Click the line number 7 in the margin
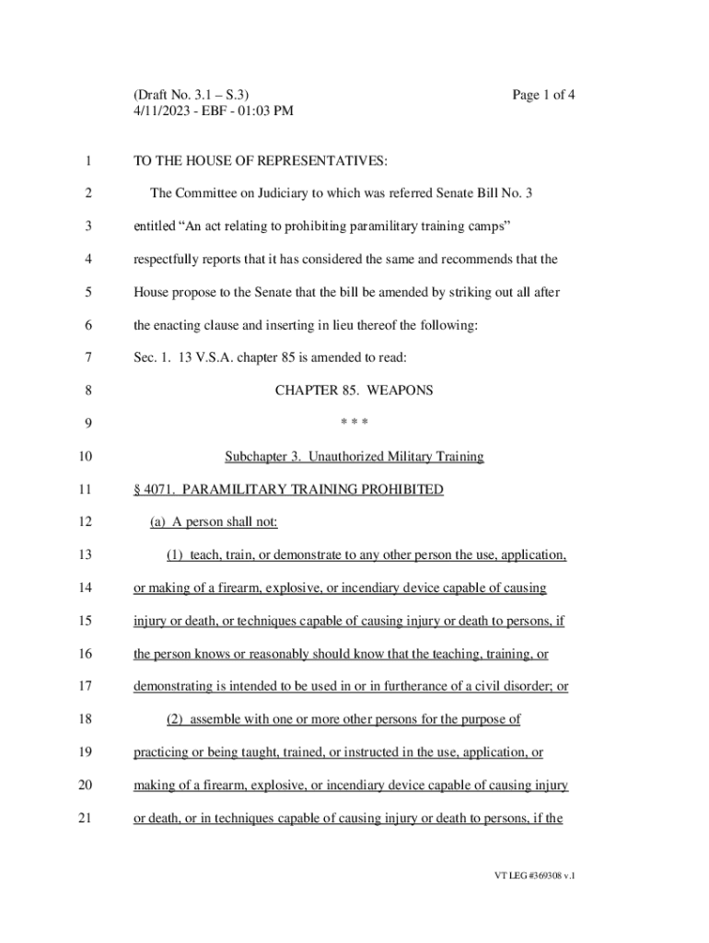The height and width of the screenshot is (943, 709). click(87, 357)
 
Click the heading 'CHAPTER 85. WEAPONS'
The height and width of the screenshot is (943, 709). click(354, 390)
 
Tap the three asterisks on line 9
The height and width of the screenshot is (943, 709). click(354, 424)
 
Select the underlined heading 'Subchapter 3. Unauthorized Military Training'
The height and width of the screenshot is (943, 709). click(354, 457)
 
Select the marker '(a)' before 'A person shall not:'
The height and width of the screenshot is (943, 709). click(158, 522)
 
